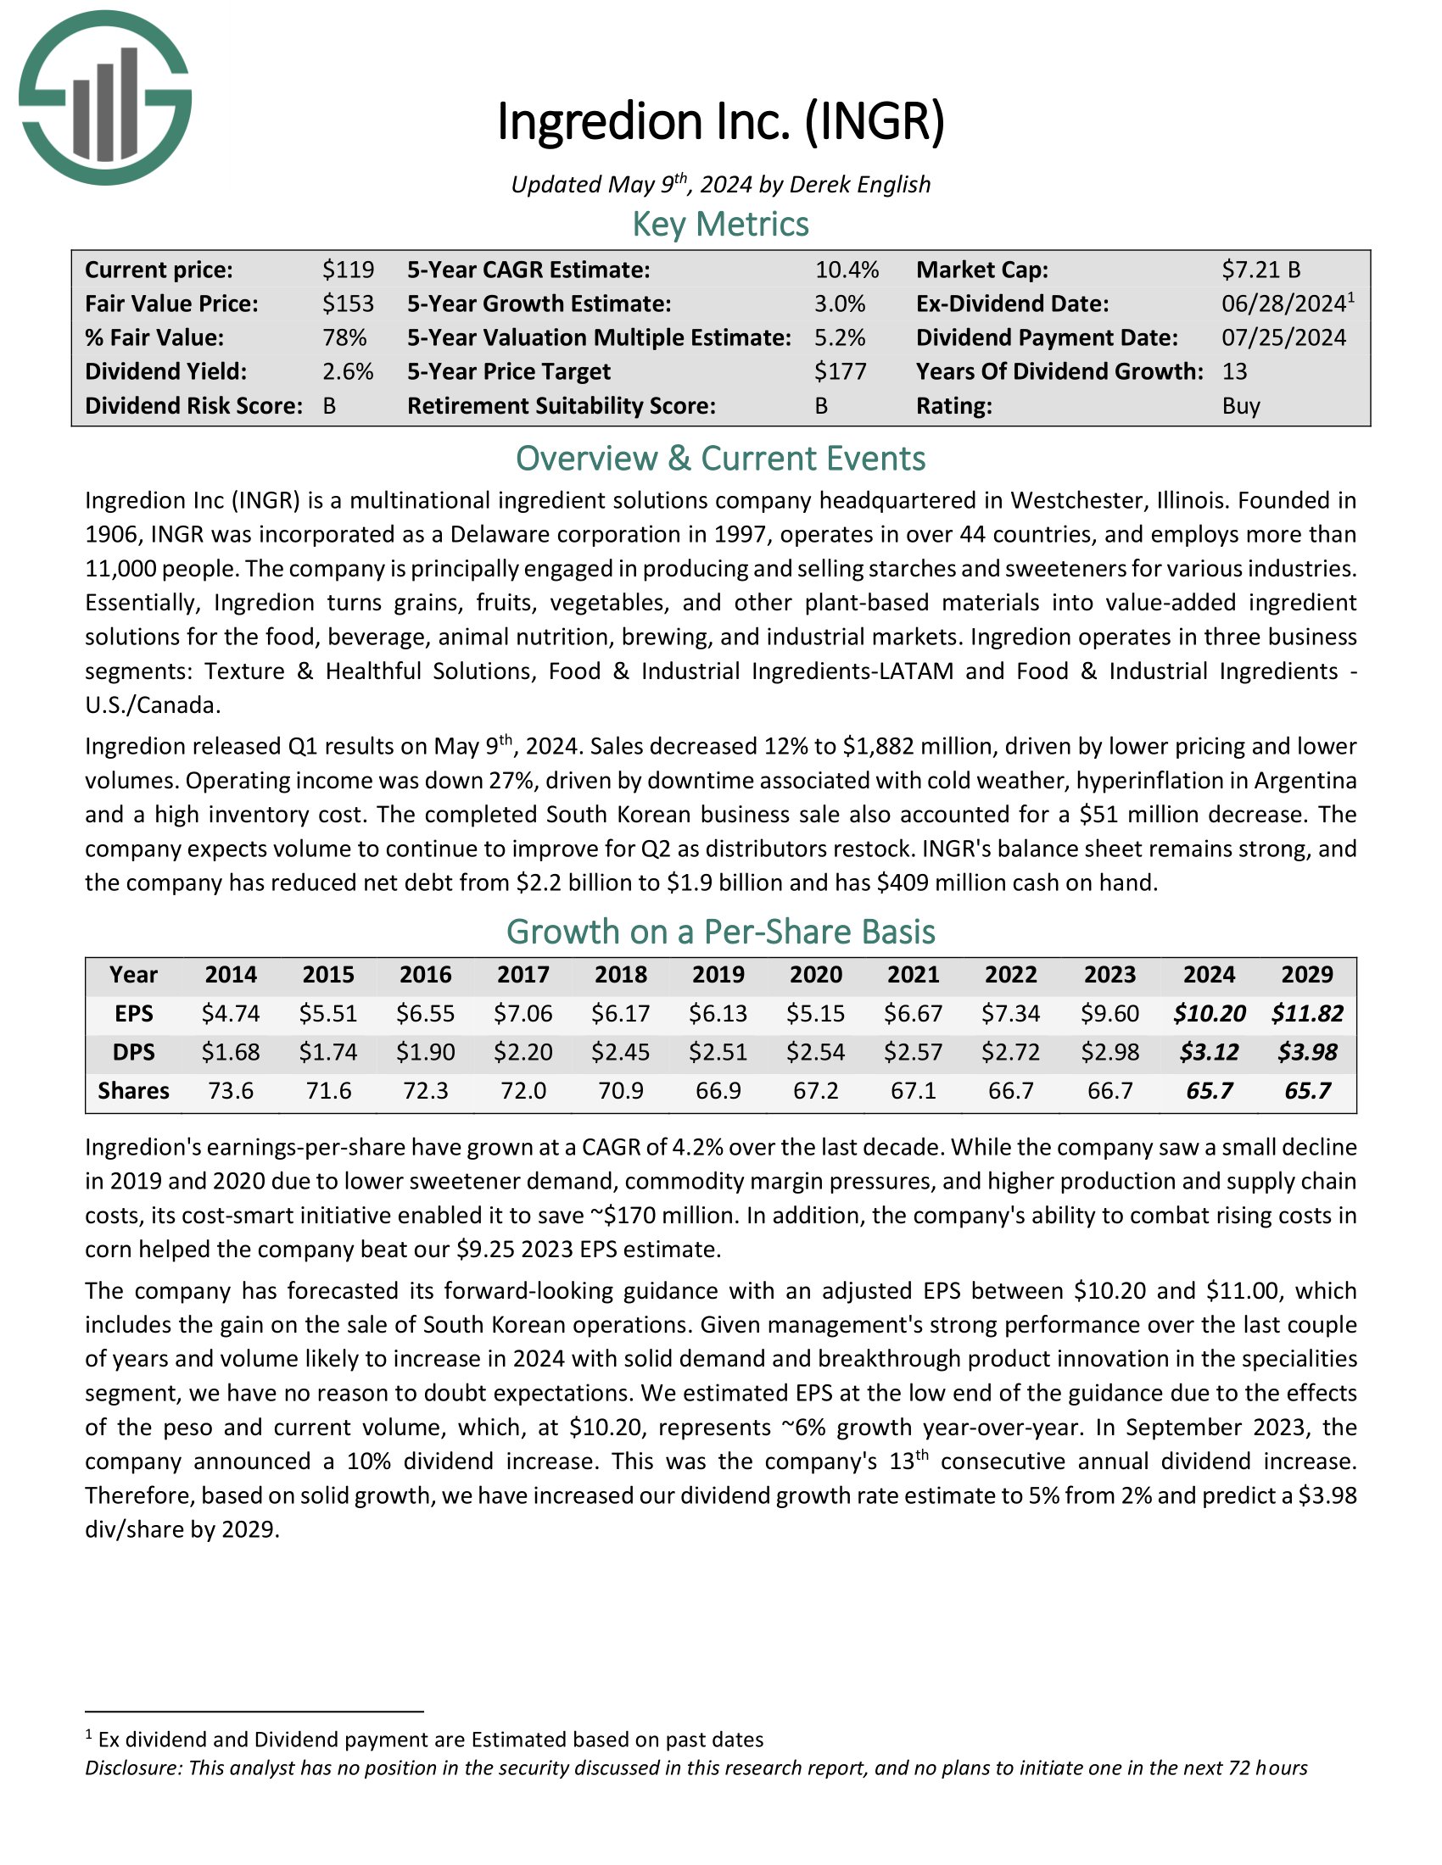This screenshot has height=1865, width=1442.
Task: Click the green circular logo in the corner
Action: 105,98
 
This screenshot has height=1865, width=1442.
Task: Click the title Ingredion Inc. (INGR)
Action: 720,121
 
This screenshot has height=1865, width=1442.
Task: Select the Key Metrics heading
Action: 720,225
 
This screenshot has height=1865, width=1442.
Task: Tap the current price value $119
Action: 348,270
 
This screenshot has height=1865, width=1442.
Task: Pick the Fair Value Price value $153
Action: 348,304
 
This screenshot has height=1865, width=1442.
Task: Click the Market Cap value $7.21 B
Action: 1260,270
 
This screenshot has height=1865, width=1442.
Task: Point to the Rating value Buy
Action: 1240,405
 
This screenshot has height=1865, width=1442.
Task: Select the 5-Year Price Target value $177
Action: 840,371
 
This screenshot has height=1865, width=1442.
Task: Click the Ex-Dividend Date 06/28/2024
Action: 1283,304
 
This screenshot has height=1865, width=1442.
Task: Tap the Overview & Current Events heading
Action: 720,459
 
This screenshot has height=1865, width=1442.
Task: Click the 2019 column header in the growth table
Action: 718,974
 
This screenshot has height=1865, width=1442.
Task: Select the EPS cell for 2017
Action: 523,1014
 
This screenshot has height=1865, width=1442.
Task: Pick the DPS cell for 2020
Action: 815,1052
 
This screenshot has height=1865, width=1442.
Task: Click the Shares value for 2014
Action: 231,1090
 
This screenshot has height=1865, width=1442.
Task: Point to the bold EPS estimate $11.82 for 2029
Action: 1306,1014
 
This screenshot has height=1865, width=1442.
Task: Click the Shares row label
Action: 133,1090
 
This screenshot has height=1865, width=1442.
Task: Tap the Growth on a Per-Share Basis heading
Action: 720,932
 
